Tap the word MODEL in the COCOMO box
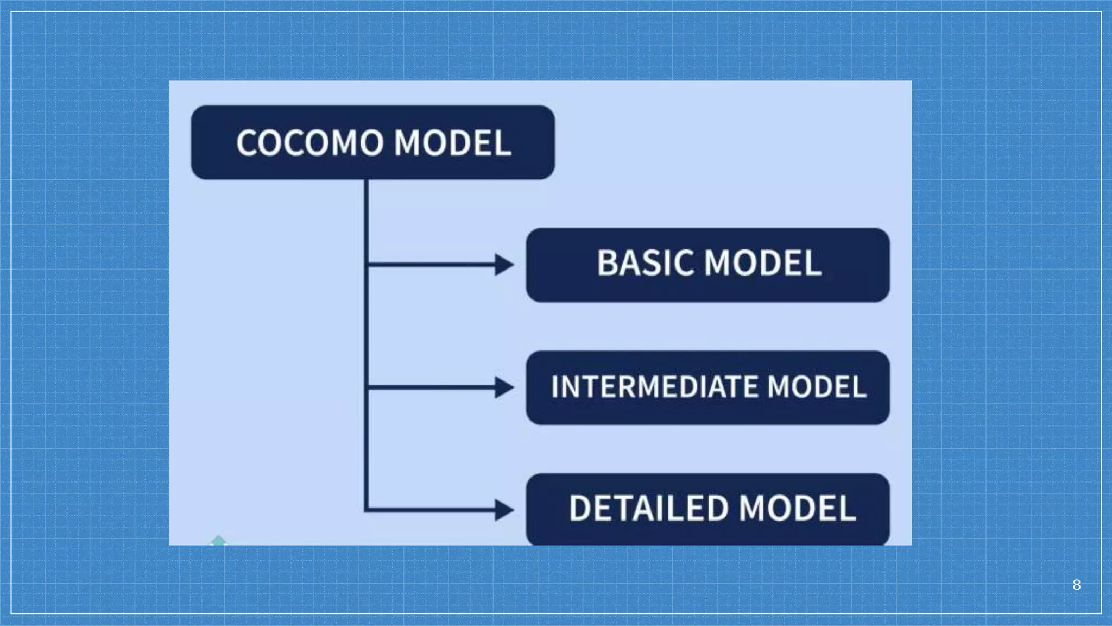452,143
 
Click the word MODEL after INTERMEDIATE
817,387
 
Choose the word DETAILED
648,509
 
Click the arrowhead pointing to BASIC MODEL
505,265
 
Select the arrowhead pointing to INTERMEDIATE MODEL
505,387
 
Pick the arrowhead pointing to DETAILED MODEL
505,510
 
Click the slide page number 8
1077,585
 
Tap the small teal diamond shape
218,541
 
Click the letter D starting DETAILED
580,509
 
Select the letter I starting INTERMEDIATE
555,387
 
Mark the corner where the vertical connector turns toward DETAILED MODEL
367,510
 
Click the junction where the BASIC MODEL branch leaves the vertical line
367,265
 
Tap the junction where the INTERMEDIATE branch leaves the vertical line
367,387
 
